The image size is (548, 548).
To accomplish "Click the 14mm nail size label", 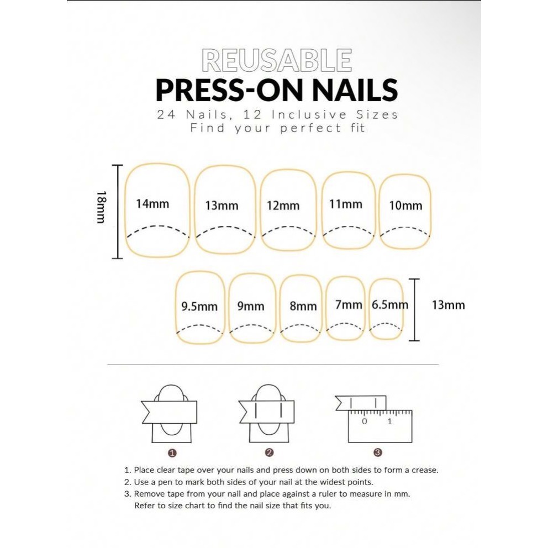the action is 152,204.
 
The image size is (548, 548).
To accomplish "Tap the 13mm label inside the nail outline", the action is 222,205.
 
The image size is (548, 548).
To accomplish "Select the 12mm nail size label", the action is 283,205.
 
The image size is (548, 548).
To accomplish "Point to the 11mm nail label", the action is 346,204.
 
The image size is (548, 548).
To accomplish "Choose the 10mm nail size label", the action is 406,205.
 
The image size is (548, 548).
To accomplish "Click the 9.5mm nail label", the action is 199,307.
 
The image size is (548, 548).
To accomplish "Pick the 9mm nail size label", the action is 251,306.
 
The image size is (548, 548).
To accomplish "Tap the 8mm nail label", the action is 303,306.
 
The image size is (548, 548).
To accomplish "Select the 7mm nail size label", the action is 349,305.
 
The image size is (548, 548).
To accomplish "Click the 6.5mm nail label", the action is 389,305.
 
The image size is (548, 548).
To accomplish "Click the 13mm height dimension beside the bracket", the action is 449,305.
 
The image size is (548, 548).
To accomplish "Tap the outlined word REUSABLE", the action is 277,60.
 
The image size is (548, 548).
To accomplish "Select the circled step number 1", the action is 172,453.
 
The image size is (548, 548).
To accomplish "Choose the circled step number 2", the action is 269,452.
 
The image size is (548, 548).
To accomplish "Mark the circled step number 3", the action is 377,452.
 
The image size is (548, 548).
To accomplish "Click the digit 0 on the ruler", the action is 365,421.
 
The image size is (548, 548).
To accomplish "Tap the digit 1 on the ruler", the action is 389,421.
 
